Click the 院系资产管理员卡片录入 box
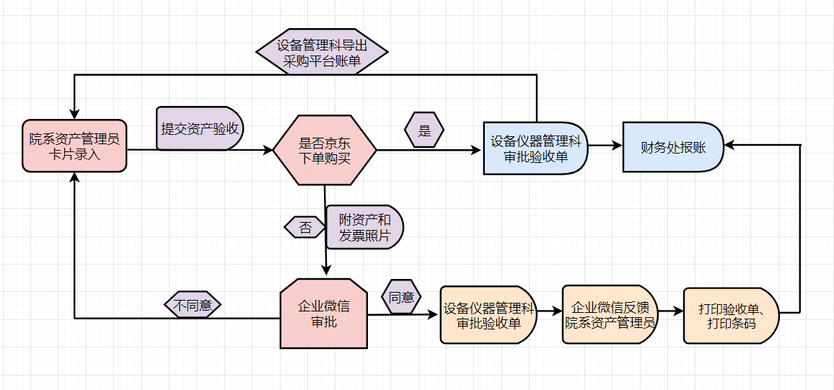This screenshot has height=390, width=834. pos(74,146)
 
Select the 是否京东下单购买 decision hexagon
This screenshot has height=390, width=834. pos(325,151)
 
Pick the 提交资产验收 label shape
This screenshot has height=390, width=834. pos(200,129)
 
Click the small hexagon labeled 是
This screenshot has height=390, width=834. pos(424,130)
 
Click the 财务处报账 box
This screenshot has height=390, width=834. pos(673,147)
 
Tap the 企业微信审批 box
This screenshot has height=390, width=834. pos(324,314)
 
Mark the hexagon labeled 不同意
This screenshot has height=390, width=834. pos(193,305)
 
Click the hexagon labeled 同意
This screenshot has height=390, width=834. pos(401,297)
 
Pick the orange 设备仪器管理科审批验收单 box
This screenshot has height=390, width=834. pos(489,316)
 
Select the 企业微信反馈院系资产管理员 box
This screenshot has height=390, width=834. pos(610,315)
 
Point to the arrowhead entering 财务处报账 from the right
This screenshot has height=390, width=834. pos(729,145)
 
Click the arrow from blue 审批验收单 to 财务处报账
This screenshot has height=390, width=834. pos(605,145)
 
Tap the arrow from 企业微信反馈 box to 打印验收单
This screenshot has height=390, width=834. pos(670,311)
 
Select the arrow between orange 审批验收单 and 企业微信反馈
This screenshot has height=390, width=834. pos(549,311)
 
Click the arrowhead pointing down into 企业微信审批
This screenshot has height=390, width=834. pos(326,270)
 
